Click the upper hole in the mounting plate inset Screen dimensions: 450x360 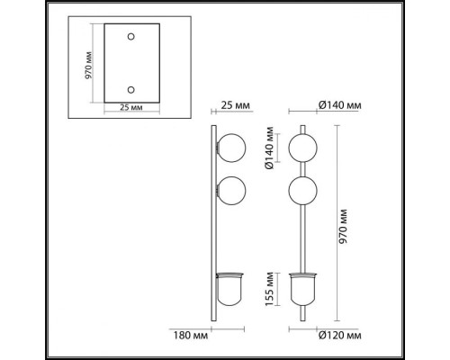(x=130, y=37)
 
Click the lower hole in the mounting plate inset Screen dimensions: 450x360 (x=130, y=90)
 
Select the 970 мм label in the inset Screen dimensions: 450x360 (x=88, y=66)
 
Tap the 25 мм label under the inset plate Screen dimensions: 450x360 (x=131, y=107)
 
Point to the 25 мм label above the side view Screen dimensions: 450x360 (x=235, y=105)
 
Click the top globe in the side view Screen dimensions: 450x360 (x=231, y=148)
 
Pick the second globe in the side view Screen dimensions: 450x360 (x=231, y=191)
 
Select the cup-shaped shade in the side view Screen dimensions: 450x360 (x=230, y=289)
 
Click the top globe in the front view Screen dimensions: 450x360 (x=303, y=148)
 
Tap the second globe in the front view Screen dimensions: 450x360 (x=303, y=191)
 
